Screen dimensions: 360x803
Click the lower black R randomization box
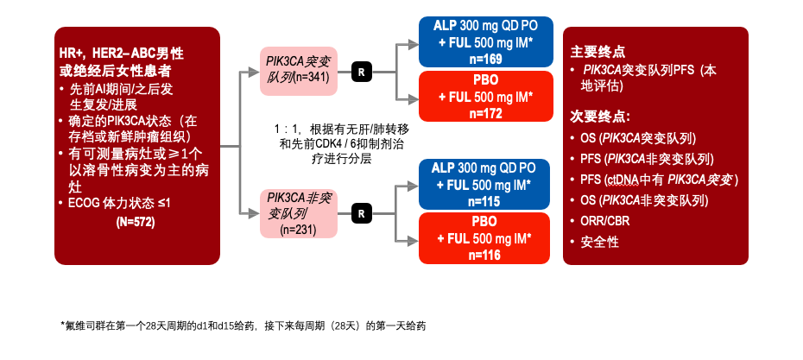361,212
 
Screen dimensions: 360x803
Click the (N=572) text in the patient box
135,222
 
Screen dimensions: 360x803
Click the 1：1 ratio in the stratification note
287,129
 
